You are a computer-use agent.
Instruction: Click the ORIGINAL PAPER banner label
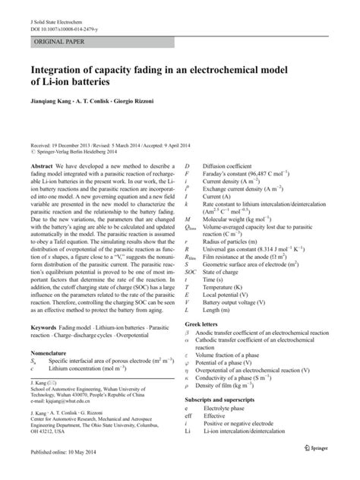pyautogui.click(x=56, y=36)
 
